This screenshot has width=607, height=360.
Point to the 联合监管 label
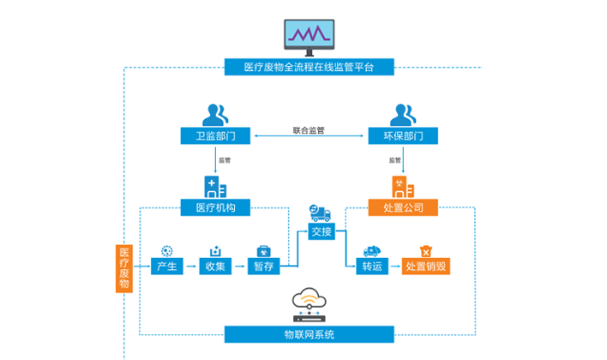[x=309, y=130]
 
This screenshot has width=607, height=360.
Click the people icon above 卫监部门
[x=215, y=112]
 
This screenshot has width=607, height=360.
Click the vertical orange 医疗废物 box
[x=124, y=267]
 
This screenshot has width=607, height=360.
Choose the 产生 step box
[x=166, y=267]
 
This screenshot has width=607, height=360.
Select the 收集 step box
[x=215, y=267]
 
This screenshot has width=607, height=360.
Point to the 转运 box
[x=372, y=267]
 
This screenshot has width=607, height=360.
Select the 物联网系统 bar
[x=309, y=333]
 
